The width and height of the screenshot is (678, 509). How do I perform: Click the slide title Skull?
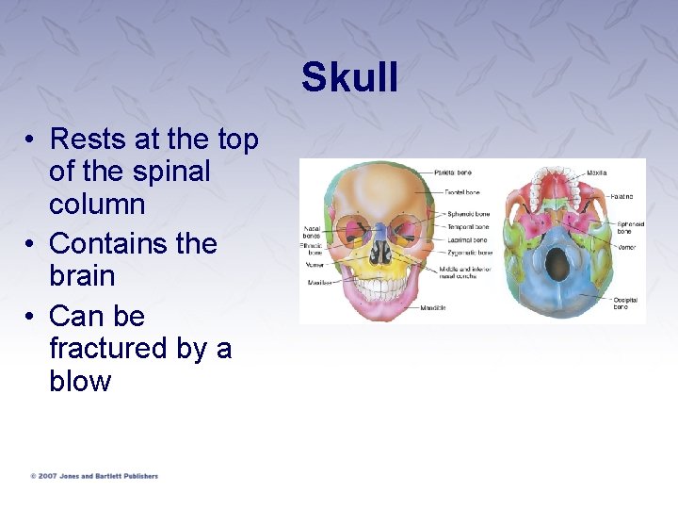click(349, 77)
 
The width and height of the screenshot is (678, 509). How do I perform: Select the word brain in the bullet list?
click(81, 277)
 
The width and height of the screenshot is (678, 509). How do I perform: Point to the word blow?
click(80, 382)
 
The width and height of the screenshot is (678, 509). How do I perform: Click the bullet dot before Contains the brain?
click(31, 244)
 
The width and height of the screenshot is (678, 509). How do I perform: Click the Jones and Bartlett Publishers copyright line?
click(93, 476)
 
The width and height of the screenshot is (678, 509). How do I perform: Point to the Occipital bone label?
click(625, 304)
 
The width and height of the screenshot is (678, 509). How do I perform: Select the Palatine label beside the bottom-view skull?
click(621, 196)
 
